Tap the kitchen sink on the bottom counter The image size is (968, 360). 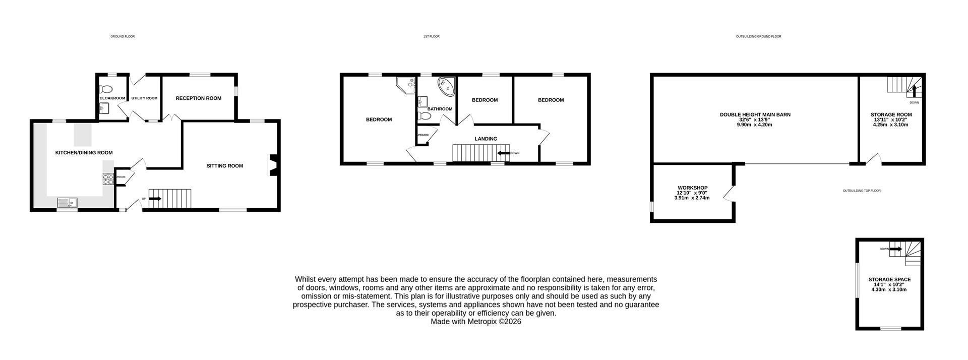coord(67,203)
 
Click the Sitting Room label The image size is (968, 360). coord(225,166)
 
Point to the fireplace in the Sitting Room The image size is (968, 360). coord(272,165)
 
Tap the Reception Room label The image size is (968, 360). coord(198,98)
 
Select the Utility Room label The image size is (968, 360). coord(145,98)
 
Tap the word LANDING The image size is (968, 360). coord(486,139)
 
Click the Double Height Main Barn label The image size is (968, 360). coord(755,114)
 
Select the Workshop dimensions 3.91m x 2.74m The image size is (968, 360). coord(692,198)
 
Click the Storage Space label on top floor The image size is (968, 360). coord(889,279)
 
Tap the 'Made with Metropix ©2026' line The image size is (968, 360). coord(475,321)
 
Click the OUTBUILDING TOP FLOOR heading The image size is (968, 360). coord(862,191)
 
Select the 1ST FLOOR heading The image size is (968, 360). coord(431,36)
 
